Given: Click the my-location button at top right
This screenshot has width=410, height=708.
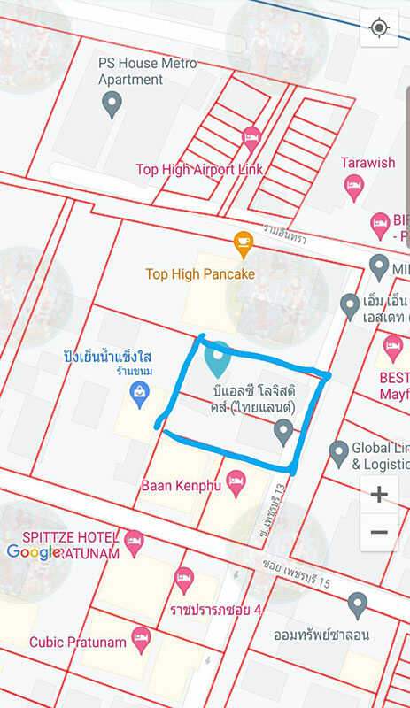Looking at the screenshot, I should point(380,28).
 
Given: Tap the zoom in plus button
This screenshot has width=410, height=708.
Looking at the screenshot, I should point(379,494).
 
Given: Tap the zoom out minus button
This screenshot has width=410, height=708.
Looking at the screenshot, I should point(379,532).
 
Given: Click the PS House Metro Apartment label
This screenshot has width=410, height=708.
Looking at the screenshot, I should point(148,72).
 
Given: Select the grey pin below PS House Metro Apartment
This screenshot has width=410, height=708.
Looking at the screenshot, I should point(112,104).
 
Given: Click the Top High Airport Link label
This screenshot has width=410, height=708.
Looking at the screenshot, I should point(199,169).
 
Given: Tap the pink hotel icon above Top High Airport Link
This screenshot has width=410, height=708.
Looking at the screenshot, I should point(251,137).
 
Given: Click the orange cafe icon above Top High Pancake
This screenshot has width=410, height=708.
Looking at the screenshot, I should point(243,241).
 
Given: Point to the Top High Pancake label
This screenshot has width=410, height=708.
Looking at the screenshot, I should point(200,274).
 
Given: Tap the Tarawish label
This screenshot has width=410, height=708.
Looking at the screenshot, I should point(368,163).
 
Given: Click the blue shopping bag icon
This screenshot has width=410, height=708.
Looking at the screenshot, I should point(139,393).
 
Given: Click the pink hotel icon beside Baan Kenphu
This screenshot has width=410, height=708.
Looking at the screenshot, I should point(236,482).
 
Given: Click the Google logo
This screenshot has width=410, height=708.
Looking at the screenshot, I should point(34,552).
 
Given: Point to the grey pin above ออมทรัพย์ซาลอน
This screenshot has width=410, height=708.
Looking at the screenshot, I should point(357,606).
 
